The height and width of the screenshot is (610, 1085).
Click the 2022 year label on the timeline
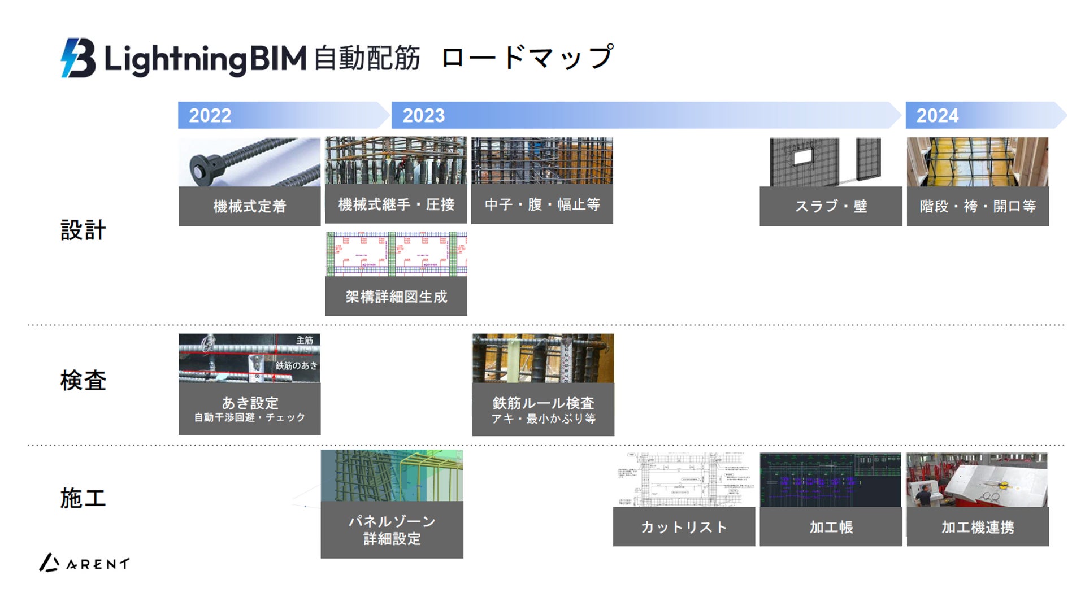point(210,116)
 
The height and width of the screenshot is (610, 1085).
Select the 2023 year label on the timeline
point(423,116)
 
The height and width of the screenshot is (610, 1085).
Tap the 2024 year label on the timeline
point(938,116)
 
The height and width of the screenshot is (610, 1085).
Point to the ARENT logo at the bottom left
point(85,563)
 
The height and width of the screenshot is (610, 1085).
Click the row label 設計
point(83,230)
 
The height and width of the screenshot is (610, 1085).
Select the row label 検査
point(83,380)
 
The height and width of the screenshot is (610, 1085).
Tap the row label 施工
point(83,498)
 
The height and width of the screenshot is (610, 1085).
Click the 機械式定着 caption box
point(249,206)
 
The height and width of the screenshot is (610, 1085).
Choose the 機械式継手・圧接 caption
point(396,204)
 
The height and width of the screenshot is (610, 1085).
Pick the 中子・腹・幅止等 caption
point(542,204)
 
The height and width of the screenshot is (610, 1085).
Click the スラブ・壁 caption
point(831,206)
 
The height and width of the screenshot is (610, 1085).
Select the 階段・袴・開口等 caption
point(978,206)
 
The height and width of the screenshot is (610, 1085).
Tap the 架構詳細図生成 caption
point(396,297)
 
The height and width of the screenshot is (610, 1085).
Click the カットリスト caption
point(684,527)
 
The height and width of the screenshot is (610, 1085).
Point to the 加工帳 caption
point(831,527)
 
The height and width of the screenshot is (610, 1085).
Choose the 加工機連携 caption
point(978,527)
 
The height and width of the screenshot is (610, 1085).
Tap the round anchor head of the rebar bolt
point(198,167)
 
